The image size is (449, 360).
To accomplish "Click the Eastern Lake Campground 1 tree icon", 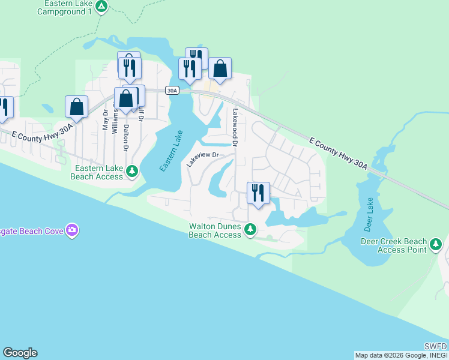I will pos(101,7).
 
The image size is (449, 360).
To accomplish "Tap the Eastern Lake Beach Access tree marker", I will pos(133,172).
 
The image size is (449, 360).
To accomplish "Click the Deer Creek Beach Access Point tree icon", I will pos(436,244).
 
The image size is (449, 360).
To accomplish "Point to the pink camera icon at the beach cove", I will pos(72,230).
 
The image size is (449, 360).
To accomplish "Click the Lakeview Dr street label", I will pos(201,160).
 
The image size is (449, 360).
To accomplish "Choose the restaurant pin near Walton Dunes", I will pos(258,193).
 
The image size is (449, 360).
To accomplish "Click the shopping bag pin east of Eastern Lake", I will pos(220,68).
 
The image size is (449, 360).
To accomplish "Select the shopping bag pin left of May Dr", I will pos(76,107).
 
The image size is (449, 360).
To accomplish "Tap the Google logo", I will pos(20,353).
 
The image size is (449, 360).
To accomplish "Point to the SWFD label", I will pos(435,346).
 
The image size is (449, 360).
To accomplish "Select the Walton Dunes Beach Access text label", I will pos(215,231).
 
